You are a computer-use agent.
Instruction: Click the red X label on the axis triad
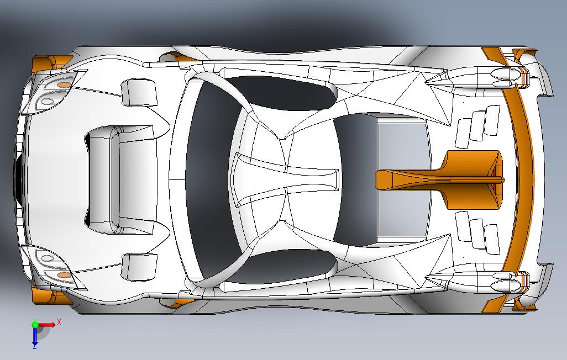pos(59,322)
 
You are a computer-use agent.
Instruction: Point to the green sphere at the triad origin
pos(35,325)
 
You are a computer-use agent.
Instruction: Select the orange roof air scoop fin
pos(440,179)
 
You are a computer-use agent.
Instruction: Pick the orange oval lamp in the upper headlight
pos(65,84)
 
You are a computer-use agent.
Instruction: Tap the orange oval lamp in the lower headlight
pos(65,275)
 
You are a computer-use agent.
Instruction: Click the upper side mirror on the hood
pos(139,93)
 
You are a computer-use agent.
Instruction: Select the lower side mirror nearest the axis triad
pos(139,267)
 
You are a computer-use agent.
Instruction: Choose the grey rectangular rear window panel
pos(402,179)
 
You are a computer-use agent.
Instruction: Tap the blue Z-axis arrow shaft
pos(35,335)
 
